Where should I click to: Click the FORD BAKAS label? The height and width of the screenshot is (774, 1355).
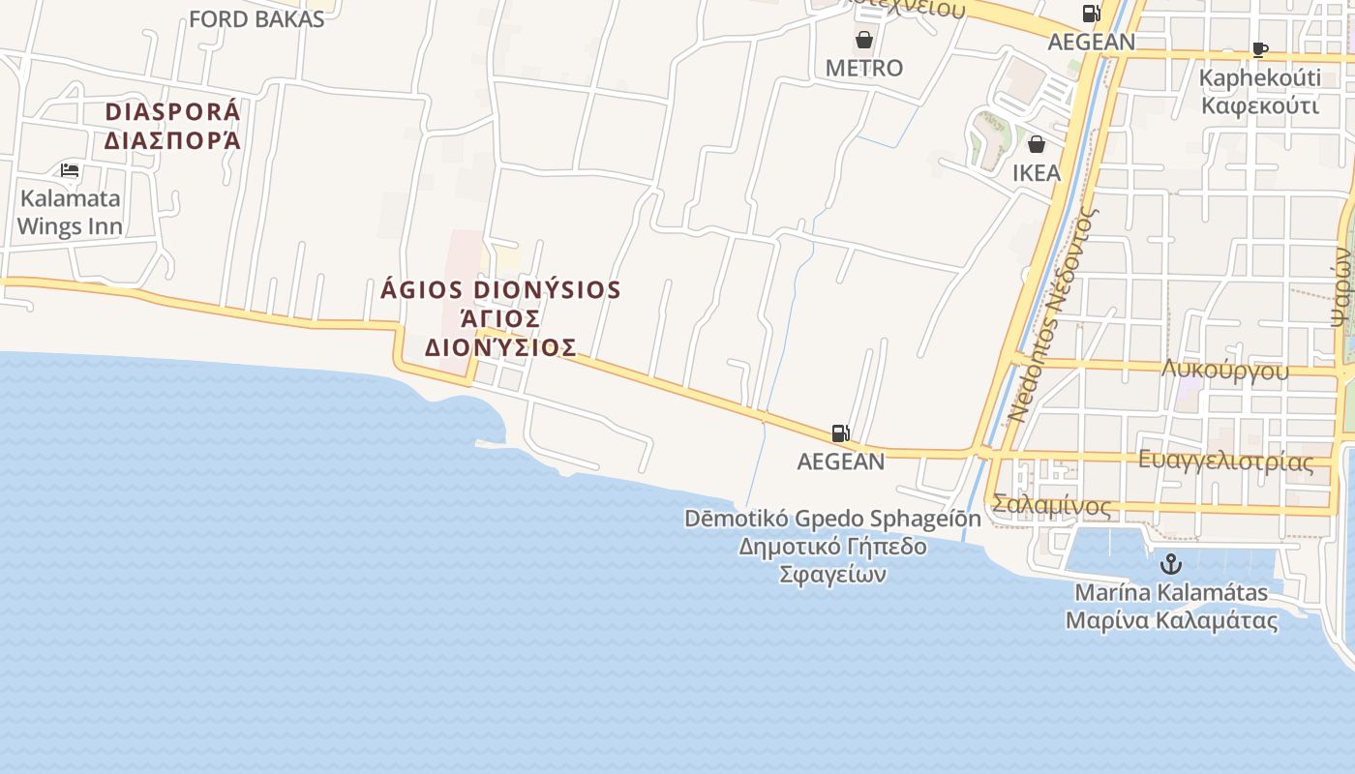(256, 19)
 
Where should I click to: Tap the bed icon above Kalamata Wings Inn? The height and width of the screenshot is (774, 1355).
(70, 170)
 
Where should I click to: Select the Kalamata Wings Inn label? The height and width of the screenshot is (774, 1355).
(71, 213)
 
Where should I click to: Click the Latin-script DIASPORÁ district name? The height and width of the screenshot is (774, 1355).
(172, 112)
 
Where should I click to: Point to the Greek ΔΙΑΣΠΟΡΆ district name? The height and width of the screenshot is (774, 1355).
(172, 141)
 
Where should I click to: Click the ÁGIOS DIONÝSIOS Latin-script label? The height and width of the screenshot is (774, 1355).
(501, 290)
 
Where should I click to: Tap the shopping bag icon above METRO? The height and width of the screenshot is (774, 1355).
(863, 40)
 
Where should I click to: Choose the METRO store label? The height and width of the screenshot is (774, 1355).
(863, 68)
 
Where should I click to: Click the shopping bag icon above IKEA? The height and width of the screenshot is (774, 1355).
(1037, 145)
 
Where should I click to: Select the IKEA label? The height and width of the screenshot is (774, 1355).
(1037, 173)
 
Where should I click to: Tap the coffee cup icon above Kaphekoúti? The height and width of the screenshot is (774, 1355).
(1259, 49)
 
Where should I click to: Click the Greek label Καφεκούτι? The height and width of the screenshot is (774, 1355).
(1260, 104)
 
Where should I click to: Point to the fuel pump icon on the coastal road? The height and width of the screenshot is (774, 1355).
(840, 433)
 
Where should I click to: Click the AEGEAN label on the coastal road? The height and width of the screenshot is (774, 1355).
(840, 461)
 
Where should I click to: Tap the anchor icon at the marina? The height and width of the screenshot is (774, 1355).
(1171, 563)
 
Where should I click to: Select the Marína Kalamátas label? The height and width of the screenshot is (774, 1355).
(1171, 592)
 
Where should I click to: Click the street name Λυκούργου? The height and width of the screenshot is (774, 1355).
(1225, 371)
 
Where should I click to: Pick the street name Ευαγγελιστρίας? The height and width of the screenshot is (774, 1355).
(1226, 461)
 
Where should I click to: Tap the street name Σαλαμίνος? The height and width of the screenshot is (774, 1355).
(1051, 506)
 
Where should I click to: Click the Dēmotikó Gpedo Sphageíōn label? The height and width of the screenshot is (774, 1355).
(832, 519)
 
